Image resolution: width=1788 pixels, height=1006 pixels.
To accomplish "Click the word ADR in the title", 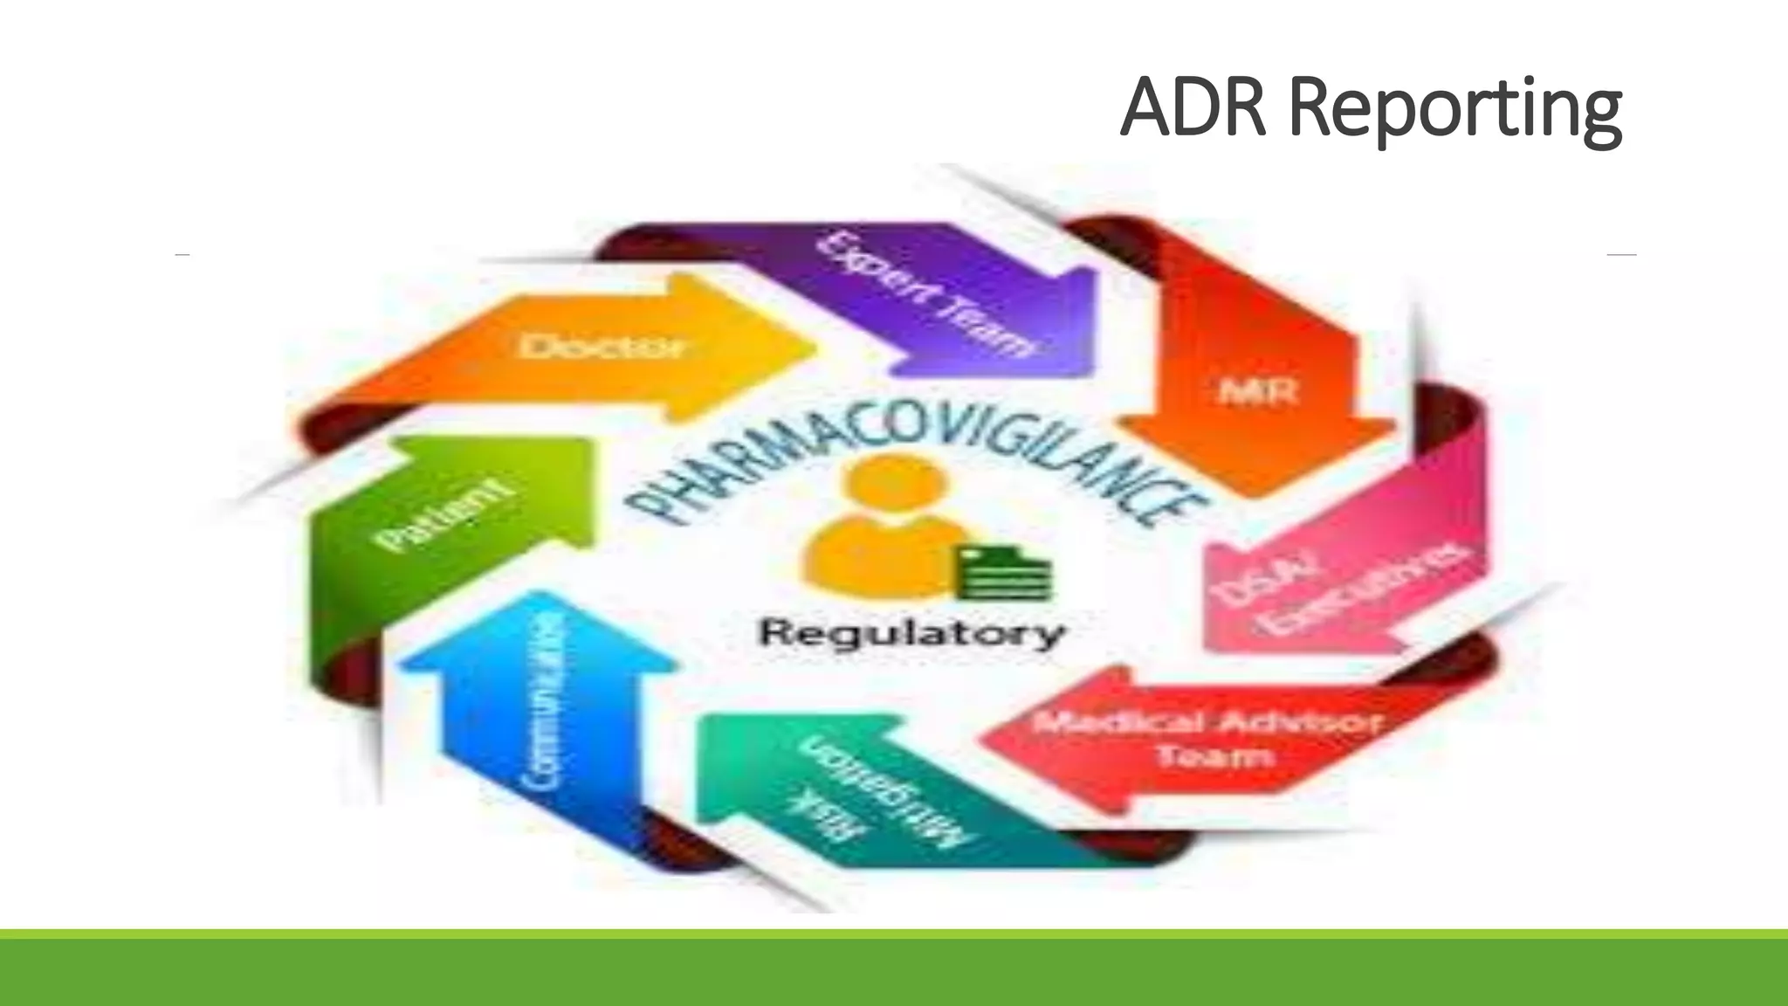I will tap(1193, 108).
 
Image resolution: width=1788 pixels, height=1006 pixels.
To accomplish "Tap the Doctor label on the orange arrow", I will tap(602, 347).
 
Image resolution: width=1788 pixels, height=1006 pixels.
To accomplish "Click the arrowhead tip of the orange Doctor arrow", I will tap(808, 348).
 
